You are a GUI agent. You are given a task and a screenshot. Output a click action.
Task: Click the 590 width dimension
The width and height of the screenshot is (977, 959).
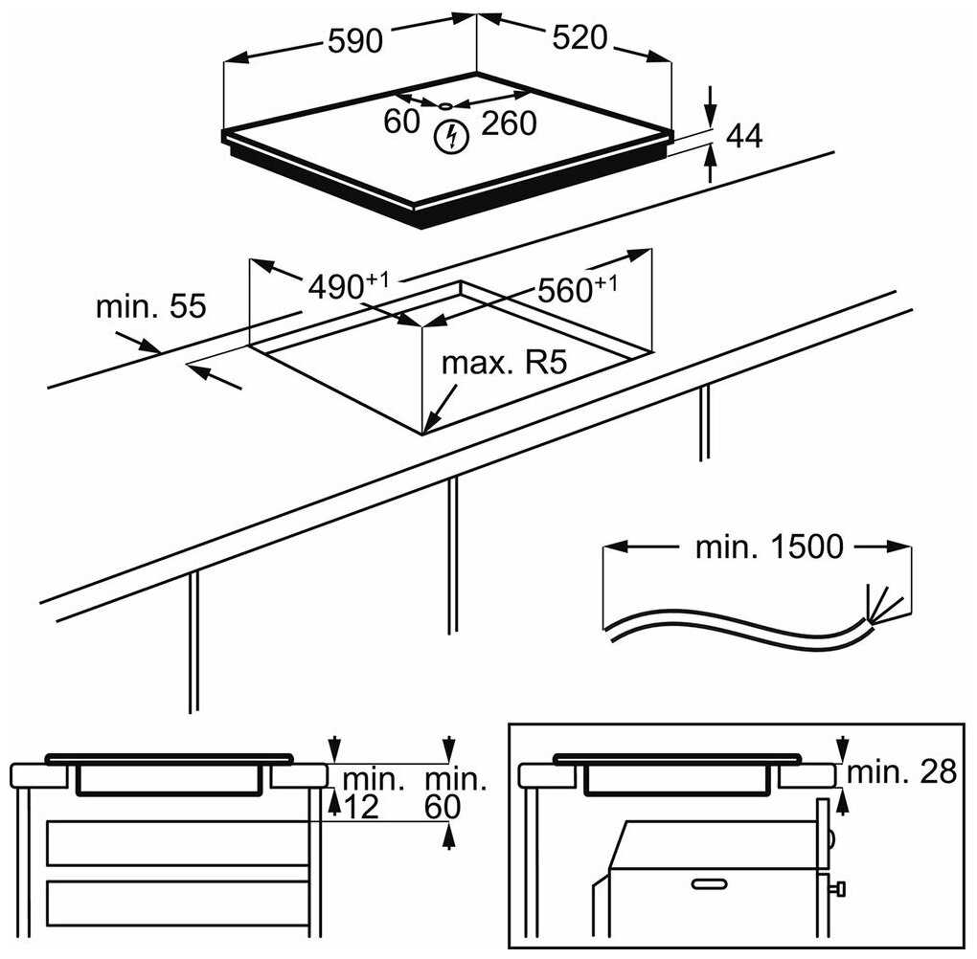point(354,40)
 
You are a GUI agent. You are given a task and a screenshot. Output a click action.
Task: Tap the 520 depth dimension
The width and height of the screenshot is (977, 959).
point(580,38)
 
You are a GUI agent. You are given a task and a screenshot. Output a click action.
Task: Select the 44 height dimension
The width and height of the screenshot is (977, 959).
point(743,137)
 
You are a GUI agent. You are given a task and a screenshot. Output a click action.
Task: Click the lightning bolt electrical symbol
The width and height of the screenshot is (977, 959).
point(448,137)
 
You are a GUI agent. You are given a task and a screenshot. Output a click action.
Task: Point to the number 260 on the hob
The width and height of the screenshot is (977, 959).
point(508,123)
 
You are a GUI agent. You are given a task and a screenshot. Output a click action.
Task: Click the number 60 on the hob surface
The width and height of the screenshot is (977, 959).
point(402,122)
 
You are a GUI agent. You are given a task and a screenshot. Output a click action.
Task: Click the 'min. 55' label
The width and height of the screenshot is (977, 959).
point(151,306)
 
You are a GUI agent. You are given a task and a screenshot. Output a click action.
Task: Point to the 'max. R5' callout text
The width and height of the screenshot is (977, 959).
point(505,364)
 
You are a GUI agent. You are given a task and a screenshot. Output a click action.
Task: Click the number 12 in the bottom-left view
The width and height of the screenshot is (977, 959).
point(360,807)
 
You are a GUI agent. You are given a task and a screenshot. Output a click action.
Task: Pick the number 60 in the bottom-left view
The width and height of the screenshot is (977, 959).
point(442,807)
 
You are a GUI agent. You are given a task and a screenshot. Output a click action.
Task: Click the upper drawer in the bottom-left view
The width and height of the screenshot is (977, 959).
point(177,842)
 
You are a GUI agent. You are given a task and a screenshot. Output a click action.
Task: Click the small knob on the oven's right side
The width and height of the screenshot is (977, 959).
point(839,890)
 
